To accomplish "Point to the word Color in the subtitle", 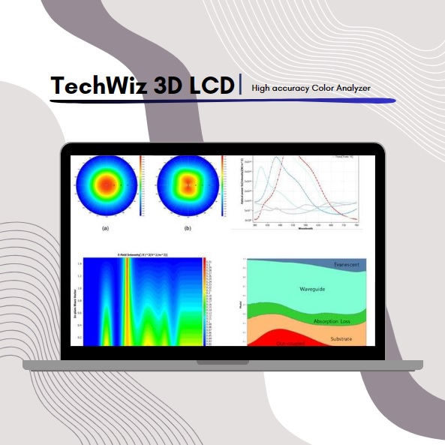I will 314,89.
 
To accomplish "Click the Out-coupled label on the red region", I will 273,344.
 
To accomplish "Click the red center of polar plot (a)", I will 106,184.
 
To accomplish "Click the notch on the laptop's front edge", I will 222,362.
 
